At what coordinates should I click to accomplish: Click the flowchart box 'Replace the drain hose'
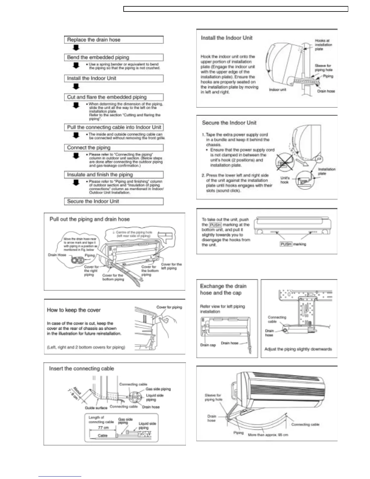114,40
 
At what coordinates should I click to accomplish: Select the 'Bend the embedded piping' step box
114,57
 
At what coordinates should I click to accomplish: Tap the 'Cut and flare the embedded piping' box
114,97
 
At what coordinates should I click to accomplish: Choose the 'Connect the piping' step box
114,148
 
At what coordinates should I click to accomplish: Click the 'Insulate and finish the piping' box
114,174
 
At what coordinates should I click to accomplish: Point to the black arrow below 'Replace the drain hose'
76,48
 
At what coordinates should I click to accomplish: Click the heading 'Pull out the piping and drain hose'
89,219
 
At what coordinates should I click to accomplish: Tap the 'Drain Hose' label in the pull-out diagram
57,255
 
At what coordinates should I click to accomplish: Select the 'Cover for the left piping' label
171,266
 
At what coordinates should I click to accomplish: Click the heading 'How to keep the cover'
73,310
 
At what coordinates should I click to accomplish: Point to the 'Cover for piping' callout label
169,307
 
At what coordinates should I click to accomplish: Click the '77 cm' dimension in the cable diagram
103,428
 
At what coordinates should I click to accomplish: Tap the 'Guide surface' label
96,408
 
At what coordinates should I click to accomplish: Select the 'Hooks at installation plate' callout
323,45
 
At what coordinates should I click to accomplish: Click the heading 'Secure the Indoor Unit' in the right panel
229,123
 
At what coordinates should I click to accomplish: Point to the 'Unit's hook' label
285,180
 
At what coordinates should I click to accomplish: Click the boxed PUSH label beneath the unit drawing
286,244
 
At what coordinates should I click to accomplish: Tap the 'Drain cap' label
208,345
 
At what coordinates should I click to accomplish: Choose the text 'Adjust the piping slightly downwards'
298,349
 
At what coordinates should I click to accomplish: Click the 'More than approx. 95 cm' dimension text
268,435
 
